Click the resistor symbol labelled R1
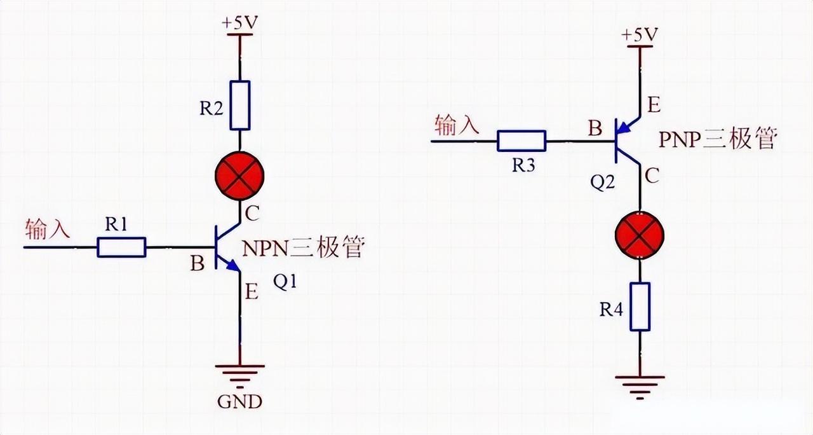pos(121,247)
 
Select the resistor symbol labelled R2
pos(240,105)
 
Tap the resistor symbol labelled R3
pos(521,141)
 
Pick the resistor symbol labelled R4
pos(640,307)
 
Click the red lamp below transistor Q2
pos(639,236)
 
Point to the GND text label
pos(239,402)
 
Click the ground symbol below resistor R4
pos(640,382)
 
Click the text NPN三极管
pos(304,247)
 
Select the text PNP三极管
pos(718,138)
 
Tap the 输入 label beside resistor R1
pos(47,228)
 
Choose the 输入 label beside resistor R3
pos(457,125)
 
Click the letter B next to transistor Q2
pos(595,129)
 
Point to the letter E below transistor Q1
pos(252,293)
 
